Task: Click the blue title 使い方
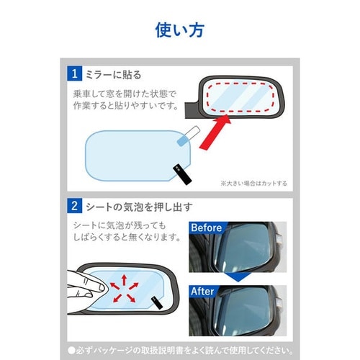(x=179, y=30)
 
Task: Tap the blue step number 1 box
(x=74, y=73)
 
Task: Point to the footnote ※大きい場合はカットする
(x=253, y=184)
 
